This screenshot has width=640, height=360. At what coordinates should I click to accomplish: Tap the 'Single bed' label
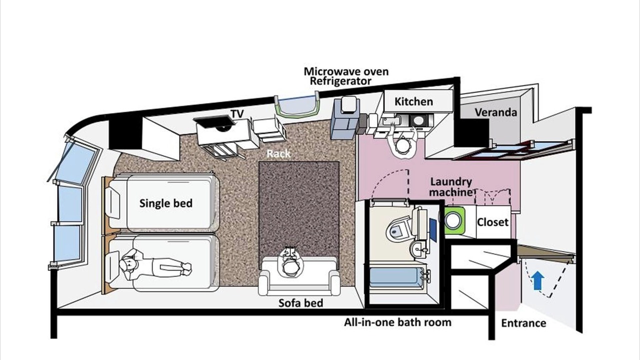(x=166, y=203)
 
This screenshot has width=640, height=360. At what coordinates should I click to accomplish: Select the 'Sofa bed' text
(x=301, y=303)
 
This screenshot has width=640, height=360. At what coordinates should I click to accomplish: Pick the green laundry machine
(x=454, y=220)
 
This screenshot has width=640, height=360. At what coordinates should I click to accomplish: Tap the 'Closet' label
(x=492, y=222)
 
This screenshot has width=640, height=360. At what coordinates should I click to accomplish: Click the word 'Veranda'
(x=495, y=112)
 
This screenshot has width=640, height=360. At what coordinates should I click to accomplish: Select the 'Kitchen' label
(x=413, y=101)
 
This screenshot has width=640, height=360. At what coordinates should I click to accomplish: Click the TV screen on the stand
(x=214, y=123)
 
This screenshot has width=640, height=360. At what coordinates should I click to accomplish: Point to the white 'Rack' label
(x=278, y=153)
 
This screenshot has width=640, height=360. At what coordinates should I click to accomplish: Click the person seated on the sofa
(x=290, y=263)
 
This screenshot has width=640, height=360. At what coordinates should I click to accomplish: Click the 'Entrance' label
(x=523, y=323)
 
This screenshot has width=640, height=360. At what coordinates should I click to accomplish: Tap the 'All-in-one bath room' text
(x=397, y=322)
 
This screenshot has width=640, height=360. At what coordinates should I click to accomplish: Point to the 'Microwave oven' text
(x=346, y=71)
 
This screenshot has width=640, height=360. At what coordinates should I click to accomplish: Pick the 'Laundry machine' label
(x=451, y=187)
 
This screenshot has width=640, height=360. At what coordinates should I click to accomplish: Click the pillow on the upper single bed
(x=113, y=203)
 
